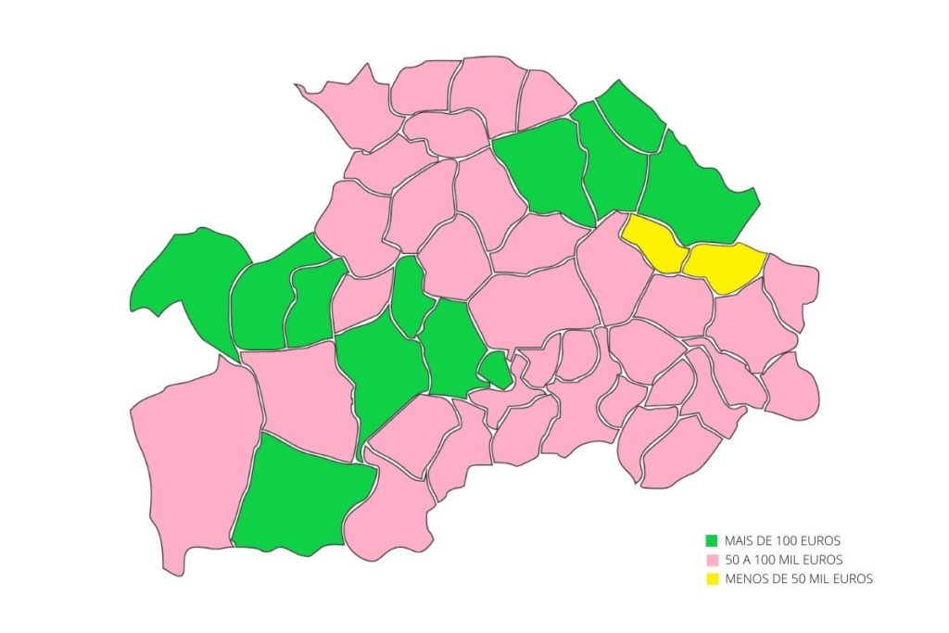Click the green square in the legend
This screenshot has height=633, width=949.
click(x=712, y=539)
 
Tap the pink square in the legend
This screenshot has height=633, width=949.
click(x=712, y=560)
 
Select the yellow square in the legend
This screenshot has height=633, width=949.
click(x=712, y=579)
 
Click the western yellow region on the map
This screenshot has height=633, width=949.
click(x=654, y=243)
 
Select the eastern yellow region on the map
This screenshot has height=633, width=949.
click(x=726, y=263)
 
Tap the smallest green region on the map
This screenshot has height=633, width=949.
click(x=496, y=369)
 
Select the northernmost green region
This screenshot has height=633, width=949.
click(x=630, y=116)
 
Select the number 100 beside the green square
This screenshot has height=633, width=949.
click(x=791, y=539)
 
